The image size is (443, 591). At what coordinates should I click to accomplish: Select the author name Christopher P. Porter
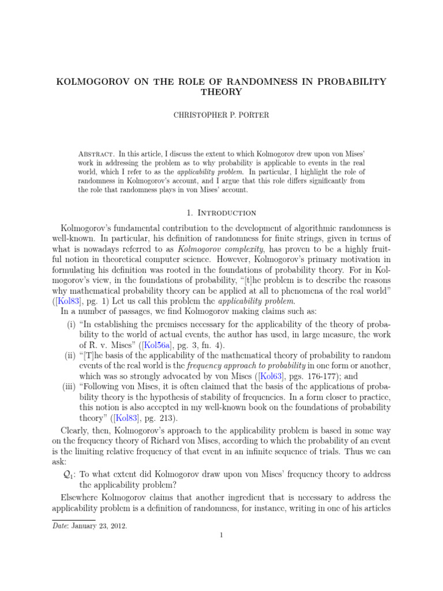221,115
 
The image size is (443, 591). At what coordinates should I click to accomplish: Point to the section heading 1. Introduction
221,214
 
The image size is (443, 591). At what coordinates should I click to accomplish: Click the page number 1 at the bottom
221,535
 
